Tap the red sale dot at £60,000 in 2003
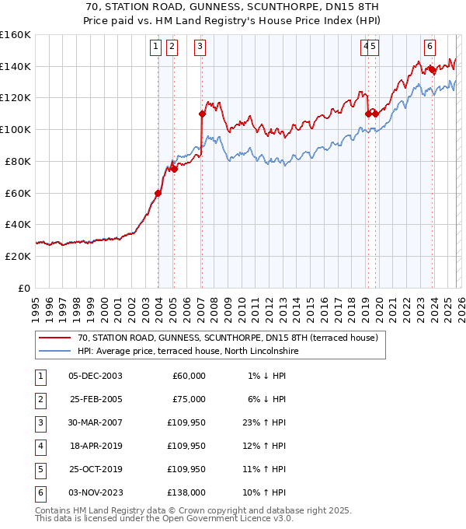(158, 193)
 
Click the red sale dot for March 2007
(202, 114)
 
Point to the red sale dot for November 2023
(432, 69)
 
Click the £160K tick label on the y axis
(16, 35)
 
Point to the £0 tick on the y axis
(24, 288)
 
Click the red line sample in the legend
(55, 338)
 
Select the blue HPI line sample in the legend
(55, 351)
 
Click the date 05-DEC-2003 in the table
(96, 376)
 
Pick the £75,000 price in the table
(189, 399)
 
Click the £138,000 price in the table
(186, 492)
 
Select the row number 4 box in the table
(39, 446)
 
